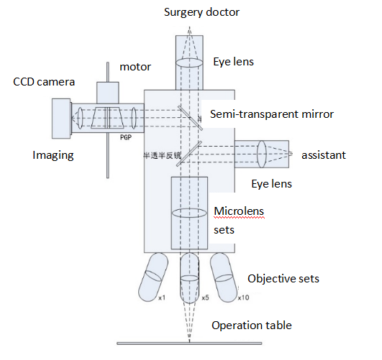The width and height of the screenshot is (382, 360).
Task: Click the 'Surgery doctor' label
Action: pos(201,12)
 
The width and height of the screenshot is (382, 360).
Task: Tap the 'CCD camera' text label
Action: pos(44,82)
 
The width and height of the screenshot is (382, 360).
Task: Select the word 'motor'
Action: pos(135,67)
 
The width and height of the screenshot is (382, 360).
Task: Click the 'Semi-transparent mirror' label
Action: pos(272,114)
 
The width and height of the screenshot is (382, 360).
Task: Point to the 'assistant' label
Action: pos(324,155)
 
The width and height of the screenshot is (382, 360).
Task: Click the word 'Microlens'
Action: pos(239,211)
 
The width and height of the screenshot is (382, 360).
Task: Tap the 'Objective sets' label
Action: pos(283,279)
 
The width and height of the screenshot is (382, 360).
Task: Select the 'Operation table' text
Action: pos(252,326)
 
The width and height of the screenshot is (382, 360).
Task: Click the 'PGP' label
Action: pos(126,137)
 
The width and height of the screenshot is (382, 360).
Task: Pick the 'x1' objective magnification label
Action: pos(162,297)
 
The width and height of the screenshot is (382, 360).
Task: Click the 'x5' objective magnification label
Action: pos(205,297)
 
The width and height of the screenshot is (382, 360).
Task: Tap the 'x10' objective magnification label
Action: pos(243,297)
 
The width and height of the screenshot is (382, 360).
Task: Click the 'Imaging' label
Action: pos(53,155)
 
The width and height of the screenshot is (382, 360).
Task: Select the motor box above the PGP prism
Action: pos(108,93)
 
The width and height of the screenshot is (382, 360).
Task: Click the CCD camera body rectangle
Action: pos(61,119)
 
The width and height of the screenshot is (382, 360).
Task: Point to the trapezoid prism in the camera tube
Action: pos(107,118)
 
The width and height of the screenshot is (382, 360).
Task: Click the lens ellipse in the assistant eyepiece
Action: pos(262,154)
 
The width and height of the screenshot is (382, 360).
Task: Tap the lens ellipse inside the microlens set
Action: pos(189,213)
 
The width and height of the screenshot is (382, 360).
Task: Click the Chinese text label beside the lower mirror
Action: pos(162,155)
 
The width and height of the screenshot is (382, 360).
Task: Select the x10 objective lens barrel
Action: pos(224,277)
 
